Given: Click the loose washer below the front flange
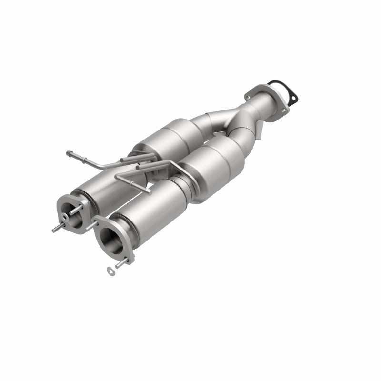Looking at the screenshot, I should point(111,270).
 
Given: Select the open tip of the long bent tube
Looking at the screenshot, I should point(68,153).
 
